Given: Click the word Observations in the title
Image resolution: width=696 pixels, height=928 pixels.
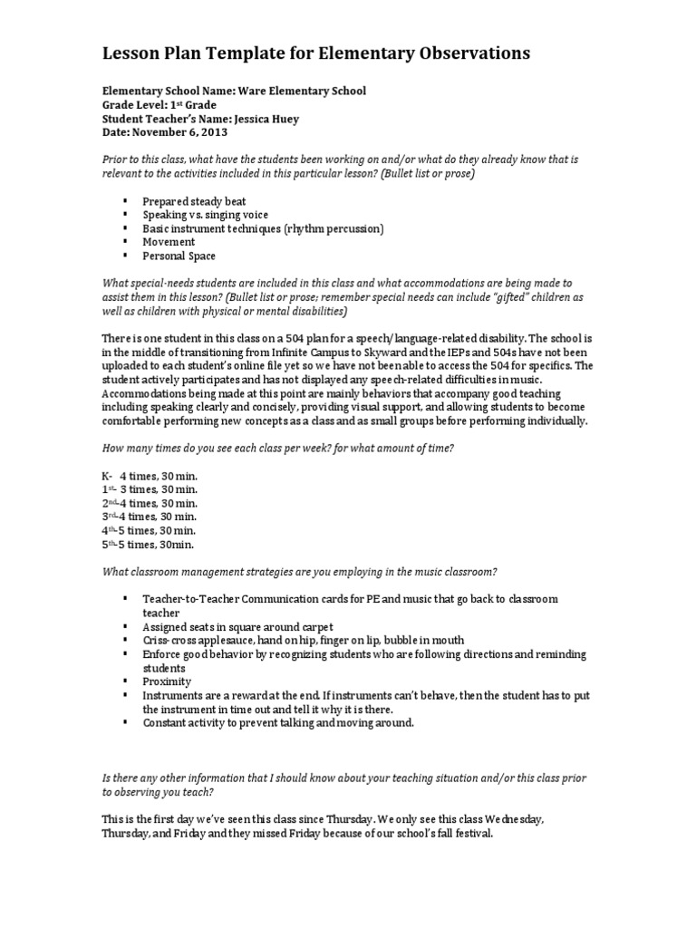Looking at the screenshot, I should [466, 54].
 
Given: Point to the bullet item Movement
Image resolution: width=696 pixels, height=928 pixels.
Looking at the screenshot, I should [169, 242].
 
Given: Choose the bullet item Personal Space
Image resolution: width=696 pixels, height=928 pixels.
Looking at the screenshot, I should [179, 256].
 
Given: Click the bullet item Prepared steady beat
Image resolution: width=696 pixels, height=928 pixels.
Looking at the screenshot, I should [194, 201].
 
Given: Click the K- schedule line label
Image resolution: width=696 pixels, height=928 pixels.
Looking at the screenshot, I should [107, 476].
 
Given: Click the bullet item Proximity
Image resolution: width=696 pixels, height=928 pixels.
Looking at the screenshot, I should [166, 681].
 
